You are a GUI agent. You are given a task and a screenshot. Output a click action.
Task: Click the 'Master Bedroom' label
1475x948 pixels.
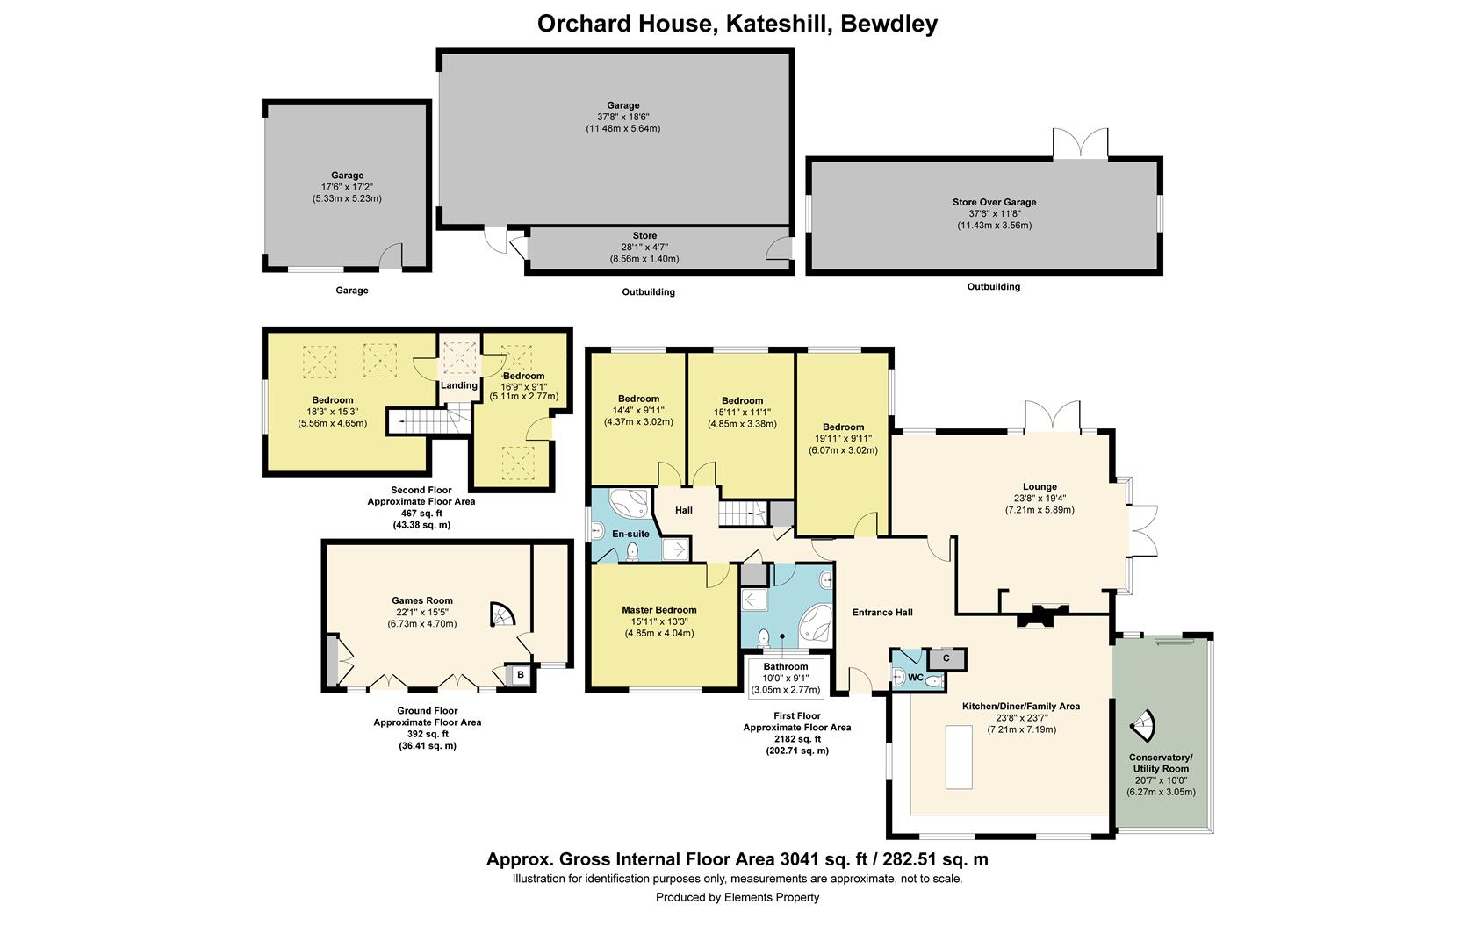point(659,610)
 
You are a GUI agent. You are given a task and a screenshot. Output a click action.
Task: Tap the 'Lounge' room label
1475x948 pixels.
point(1040,487)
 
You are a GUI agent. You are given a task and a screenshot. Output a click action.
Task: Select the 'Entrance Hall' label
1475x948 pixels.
point(882,613)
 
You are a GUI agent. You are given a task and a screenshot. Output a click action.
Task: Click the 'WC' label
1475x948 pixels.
point(916,678)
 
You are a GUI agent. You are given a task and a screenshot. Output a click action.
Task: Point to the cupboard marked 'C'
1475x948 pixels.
point(946,658)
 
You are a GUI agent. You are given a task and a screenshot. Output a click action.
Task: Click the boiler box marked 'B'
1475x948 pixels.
point(520,675)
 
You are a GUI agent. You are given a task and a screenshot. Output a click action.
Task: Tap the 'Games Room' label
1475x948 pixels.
point(422,600)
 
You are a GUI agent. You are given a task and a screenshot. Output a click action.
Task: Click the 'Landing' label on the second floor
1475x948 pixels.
point(459,386)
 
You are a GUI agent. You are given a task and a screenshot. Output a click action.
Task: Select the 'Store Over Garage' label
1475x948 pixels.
point(994,202)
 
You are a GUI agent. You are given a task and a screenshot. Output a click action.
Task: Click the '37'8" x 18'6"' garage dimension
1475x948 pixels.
point(623,118)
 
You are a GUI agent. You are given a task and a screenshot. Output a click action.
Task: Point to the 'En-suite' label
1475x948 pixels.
point(630,534)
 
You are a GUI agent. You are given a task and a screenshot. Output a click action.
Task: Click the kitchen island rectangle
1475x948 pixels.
point(959,757)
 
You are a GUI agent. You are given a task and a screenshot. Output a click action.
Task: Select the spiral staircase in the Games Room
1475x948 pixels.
point(501,614)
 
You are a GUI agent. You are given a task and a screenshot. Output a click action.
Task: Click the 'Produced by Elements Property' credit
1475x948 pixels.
point(737,897)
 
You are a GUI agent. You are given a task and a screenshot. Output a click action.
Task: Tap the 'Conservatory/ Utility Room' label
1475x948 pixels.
point(1161,763)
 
